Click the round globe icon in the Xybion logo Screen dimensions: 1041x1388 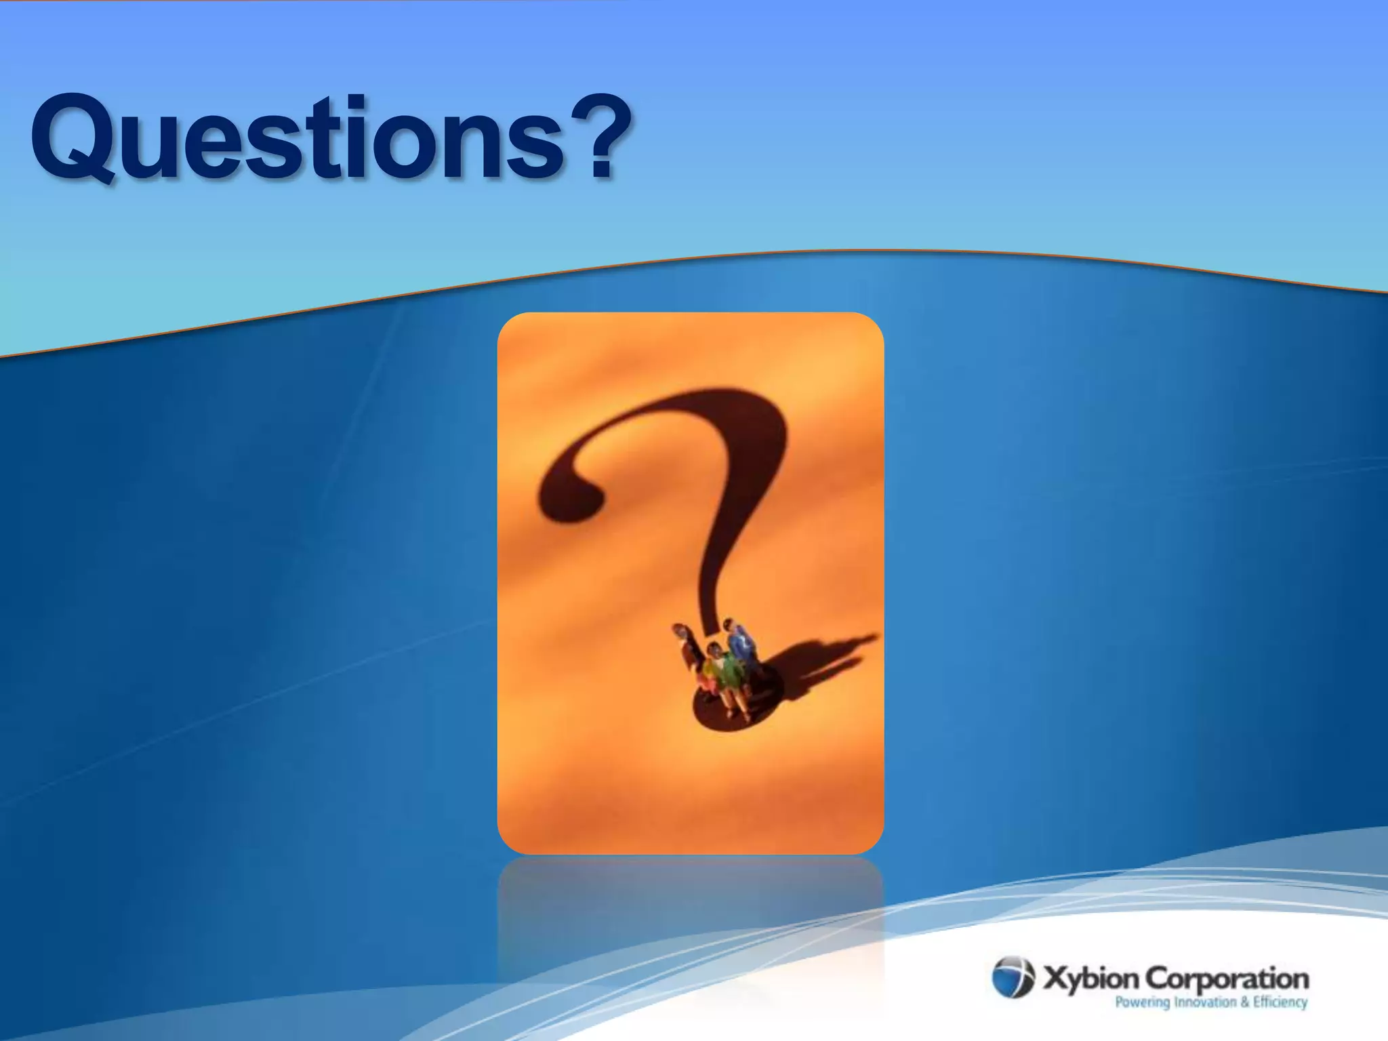(x=1013, y=977)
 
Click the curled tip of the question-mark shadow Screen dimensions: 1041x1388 (x=569, y=498)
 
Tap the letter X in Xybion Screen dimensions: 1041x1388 (x=1054, y=979)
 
